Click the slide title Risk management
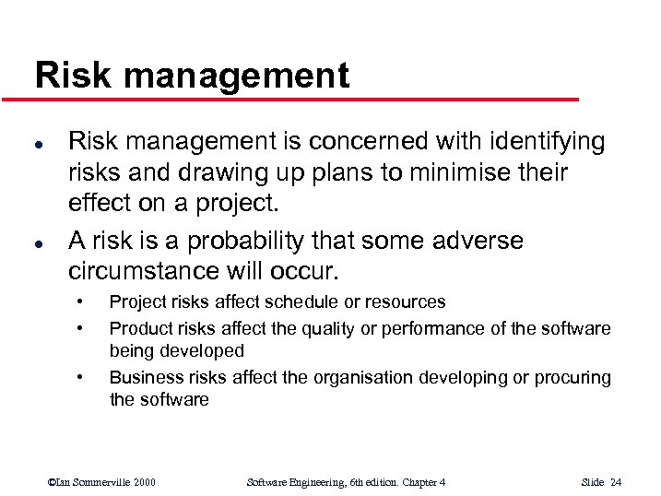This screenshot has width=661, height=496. click(x=192, y=76)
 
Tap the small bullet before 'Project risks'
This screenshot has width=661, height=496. click(x=81, y=301)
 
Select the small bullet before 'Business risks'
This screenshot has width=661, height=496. click(x=81, y=377)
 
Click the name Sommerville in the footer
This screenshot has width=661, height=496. click(x=101, y=482)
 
